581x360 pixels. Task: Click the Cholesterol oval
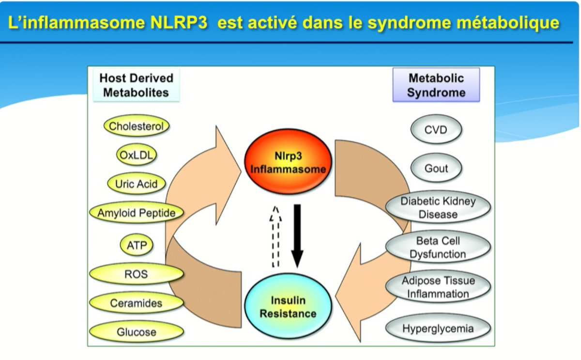point(137,126)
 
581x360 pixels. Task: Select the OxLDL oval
point(137,155)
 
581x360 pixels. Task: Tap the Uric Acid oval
point(137,184)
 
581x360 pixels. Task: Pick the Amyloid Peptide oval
point(137,213)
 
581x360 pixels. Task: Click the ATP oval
point(137,245)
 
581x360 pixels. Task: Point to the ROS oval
point(137,274)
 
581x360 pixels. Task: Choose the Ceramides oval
point(137,303)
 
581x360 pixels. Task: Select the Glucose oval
point(137,332)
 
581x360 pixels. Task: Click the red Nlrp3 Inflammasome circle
point(288,162)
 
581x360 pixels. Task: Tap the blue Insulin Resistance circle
point(288,306)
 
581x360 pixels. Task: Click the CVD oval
point(436,129)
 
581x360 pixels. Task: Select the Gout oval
point(436,168)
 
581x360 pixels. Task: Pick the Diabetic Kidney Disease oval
point(438,207)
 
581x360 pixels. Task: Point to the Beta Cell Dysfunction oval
point(438,247)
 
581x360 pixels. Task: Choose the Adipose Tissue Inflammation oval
point(438,287)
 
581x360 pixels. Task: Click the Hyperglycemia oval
point(438,329)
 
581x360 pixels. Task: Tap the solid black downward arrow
point(297,236)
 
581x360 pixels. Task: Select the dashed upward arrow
point(275,236)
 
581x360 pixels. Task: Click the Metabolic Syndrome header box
point(436,85)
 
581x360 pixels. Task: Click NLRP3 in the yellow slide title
point(179,23)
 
